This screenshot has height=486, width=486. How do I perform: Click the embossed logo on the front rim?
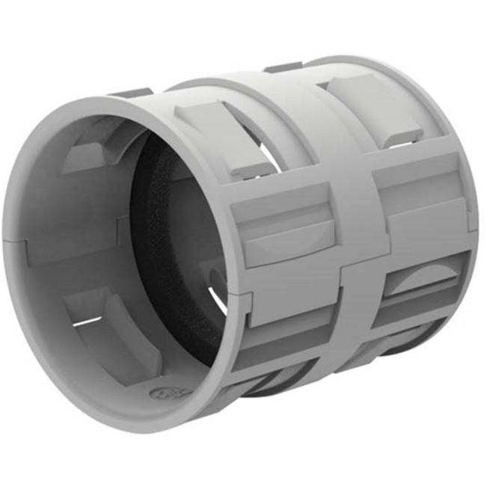[161, 393]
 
